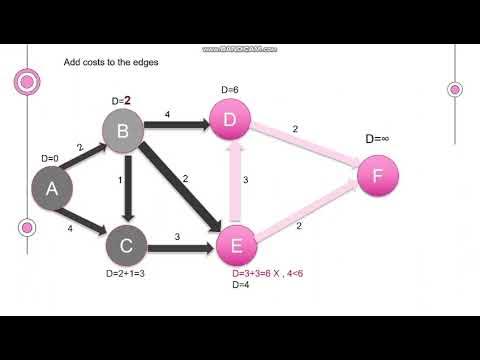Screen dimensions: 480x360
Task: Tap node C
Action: (x=127, y=243)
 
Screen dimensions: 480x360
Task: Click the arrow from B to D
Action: (x=175, y=127)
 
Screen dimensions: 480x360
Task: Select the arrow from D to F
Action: (x=305, y=151)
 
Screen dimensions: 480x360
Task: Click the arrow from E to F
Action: (x=305, y=212)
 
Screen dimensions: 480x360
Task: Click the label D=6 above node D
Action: (x=229, y=91)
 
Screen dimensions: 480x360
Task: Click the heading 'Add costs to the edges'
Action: (x=111, y=62)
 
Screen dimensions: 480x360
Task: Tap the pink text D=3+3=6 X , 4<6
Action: (x=272, y=273)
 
